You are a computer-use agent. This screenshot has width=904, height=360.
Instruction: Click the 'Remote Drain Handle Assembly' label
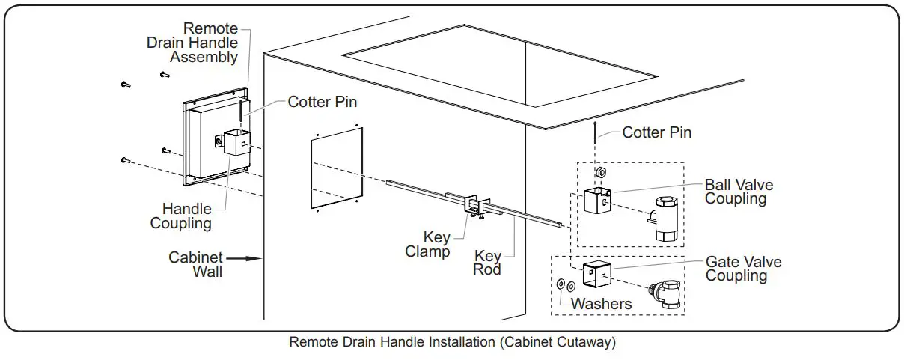(192, 43)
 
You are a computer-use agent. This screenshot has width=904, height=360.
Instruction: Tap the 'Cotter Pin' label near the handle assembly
(322, 102)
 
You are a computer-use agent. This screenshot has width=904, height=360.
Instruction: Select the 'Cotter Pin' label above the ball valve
(656, 132)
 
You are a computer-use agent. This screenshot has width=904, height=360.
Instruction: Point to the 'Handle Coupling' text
(181, 216)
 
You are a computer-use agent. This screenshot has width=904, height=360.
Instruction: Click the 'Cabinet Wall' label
(195, 264)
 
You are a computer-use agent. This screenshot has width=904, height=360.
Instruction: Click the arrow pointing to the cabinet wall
(244, 258)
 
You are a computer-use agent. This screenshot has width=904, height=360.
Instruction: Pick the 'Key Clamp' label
(427, 244)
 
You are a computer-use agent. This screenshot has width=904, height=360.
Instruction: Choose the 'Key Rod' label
(487, 263)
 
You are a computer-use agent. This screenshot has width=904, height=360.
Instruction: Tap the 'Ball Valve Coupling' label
(739, 192)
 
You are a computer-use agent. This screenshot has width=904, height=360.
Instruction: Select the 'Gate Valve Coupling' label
(743, 269)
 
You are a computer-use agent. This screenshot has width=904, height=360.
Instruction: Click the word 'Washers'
(602, 304)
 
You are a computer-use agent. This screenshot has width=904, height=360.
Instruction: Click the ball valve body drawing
(664, 219)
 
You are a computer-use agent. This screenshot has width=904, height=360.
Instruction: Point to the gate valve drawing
(665, 294)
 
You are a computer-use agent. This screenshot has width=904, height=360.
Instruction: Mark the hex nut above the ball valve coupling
(601, 172)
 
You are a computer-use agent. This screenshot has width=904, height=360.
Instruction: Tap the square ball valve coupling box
(598, 201)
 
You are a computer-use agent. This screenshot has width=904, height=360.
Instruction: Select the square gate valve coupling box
(597, 275)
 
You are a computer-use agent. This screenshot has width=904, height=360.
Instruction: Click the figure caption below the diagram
(453, 342)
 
